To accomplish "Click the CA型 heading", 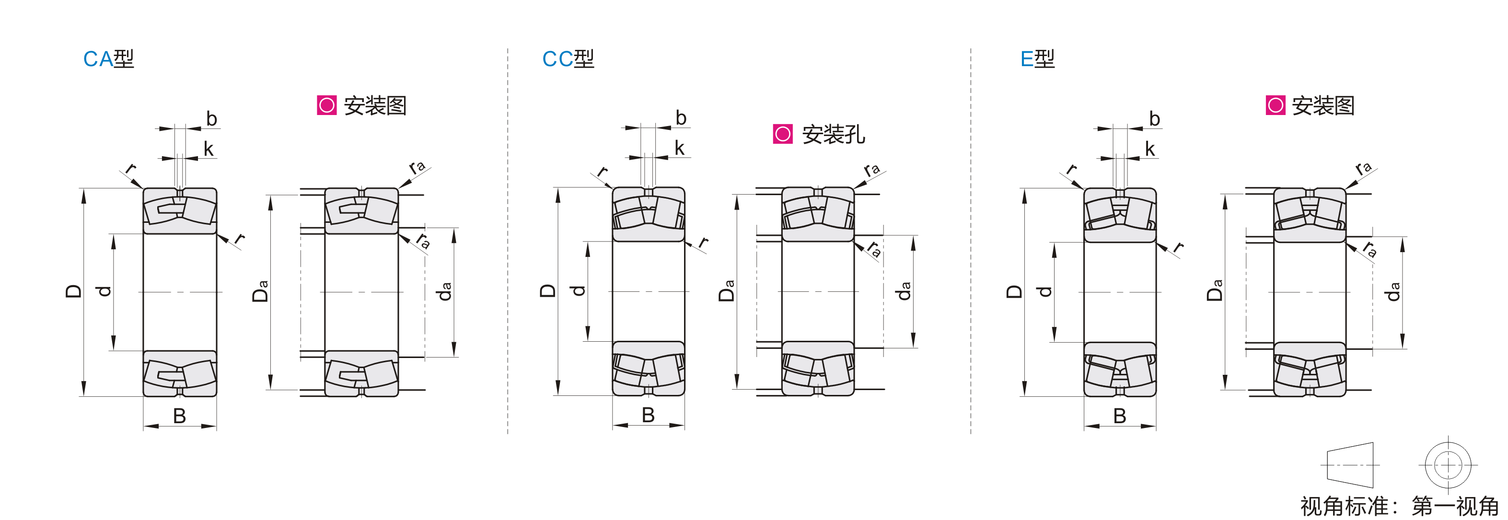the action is (109, 58).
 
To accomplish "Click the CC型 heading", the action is (568, 58).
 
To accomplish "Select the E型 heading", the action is (1037, 58).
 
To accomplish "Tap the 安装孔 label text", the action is (834, 134).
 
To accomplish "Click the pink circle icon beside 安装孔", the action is (783, 134).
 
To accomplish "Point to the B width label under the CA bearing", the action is (180, 416).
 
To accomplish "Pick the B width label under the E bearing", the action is (1120, 416).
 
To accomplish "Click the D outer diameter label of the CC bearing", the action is (548, 291).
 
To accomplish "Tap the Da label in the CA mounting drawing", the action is (260, 290).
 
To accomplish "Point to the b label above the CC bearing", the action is (681, 118).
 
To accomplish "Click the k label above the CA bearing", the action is (209, 149).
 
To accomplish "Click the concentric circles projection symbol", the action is (1448, 465).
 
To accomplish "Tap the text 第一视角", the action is (1455, 506).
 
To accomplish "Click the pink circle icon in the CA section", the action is (326, 105).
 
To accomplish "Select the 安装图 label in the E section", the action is (1323, 105).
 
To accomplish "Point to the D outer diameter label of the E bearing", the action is (1014, 291).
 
